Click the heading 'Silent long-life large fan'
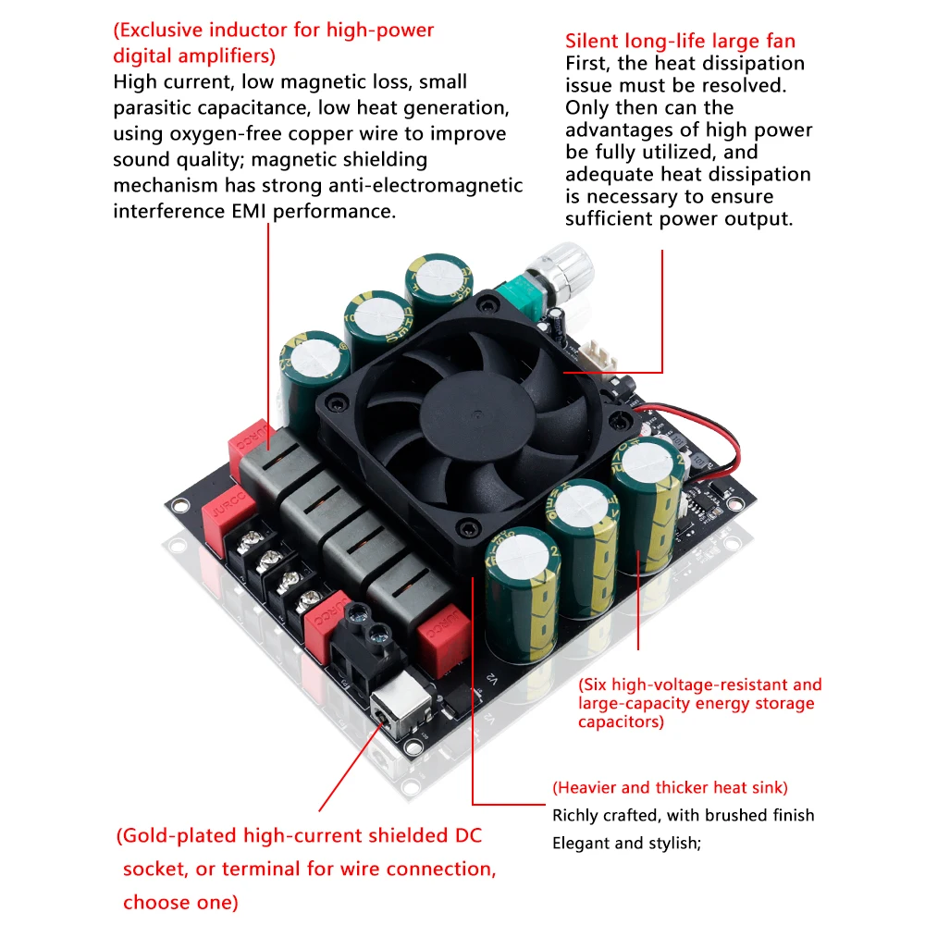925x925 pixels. pyautogui.click(x=680, y=41)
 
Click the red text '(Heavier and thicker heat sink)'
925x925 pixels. pyautogui.click(x=670, y=788)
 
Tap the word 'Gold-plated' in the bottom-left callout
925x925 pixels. pyautogui.click(x=179, y=836)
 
